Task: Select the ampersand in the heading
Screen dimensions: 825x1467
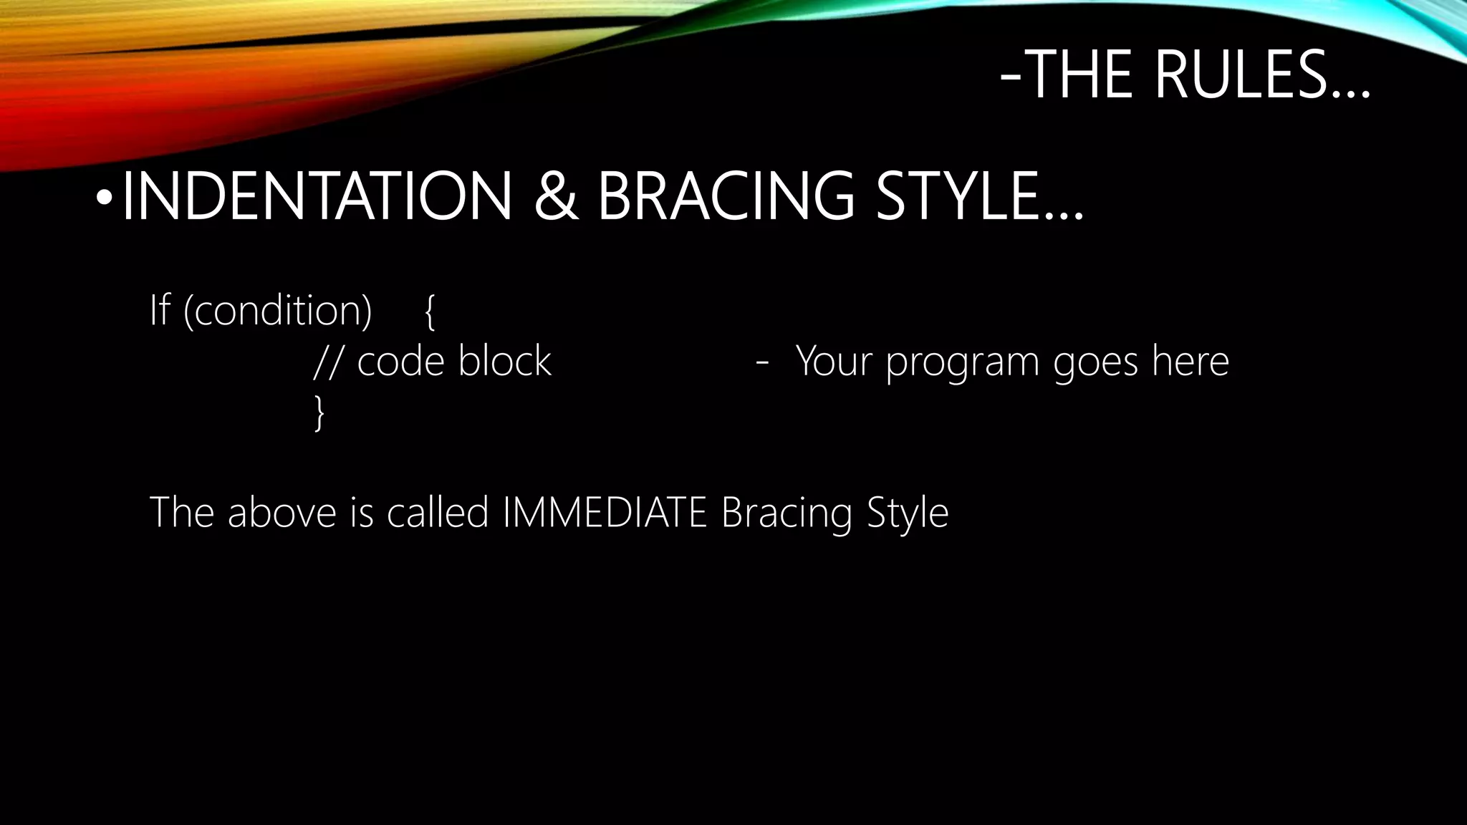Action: click(x=555, y=196)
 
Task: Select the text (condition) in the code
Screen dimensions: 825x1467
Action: click(x=278, y=311)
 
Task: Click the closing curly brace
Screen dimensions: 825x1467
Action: click(x=319, y=414)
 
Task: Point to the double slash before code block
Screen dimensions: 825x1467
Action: click(x=327, y=362)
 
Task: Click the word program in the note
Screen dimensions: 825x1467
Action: click(x=962, y=363)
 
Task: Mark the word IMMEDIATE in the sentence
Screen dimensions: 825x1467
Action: click(x=605, y=512)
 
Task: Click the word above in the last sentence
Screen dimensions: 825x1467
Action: click(x=282, y=512)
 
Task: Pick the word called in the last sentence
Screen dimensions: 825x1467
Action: click(x=438, y=512)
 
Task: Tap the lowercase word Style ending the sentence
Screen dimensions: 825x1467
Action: click(x=908, y=513)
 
